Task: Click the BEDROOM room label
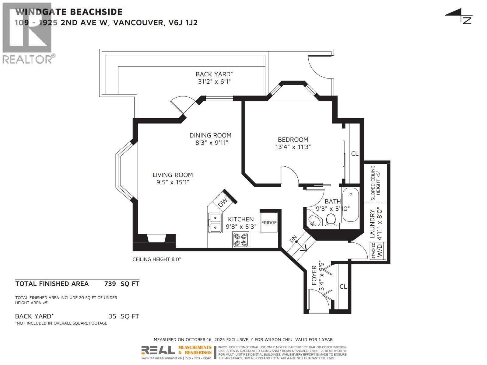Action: coord(293,140)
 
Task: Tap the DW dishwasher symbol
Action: coord(223,202)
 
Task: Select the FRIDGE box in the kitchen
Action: coord(269,223)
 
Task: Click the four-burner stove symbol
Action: coord(240,239)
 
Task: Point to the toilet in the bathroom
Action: coord(331,219)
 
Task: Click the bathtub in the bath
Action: coord(351,206)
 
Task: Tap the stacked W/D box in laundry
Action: coord(378,251)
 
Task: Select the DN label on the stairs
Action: coord(293,239)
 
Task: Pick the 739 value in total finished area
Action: coord(110,284)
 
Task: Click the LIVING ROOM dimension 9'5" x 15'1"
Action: coord(173,182)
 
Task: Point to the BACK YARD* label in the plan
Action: coord(214,74)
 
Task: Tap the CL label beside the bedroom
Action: coord(355,154)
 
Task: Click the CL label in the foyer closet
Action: coord(343,287)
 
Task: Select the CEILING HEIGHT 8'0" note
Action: coord(157,259)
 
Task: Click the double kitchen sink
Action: coord(215,222)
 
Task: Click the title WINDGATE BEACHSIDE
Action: coord(69,12)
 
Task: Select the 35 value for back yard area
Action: coord(112,316)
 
